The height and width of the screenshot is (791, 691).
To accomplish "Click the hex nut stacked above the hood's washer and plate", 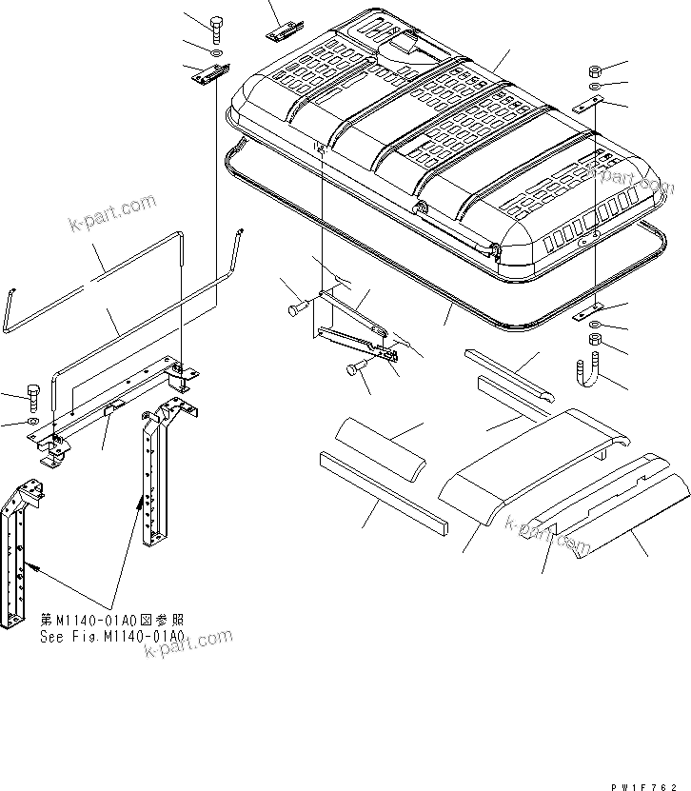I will (x=592, y=71).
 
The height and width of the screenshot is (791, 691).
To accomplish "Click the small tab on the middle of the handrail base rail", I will (x=111, y=405).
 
